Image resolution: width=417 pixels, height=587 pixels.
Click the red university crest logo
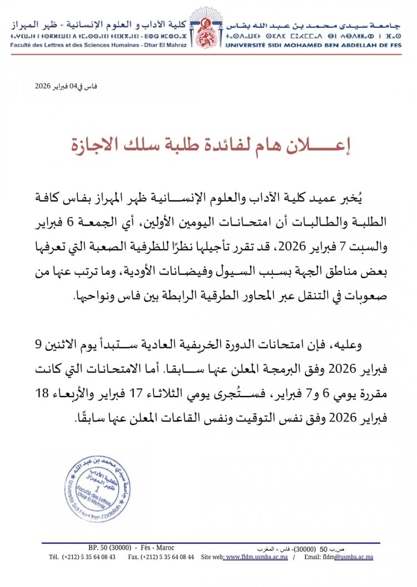[209, 29]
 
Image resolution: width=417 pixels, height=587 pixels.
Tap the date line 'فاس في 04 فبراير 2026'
[66, 86]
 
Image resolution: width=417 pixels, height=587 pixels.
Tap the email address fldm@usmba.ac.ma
[351, 557]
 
